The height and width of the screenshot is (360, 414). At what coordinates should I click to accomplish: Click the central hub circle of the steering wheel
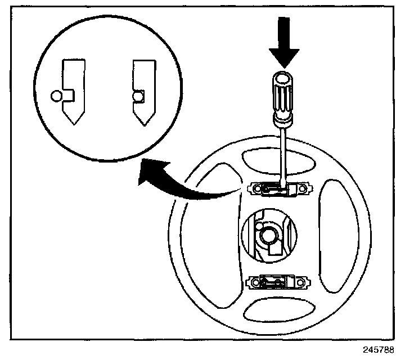point(268,235)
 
